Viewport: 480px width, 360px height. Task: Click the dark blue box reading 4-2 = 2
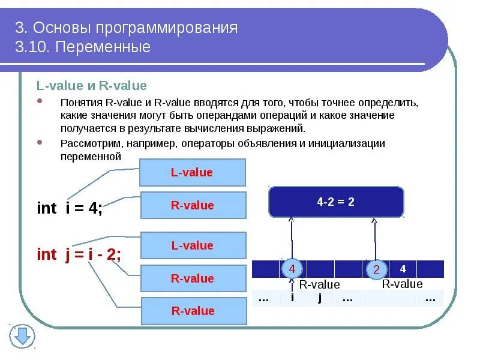click(x=336, y=202)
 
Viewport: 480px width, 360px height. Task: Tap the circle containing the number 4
click(x=292, y=269)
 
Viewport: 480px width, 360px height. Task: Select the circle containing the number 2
click(x=376, y=269)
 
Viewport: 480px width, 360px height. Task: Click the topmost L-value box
click(x=192, y=173)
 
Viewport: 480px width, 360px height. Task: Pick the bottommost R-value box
click(x=193, y=311)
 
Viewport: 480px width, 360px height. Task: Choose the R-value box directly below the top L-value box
click(x=193, y=205)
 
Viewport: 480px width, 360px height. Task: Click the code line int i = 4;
click(x=70, y=208)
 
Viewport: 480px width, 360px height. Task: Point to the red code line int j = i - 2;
click(x=79, y=254)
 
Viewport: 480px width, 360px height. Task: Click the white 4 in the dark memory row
click(x=403, y=269)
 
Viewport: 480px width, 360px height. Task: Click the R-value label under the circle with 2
click(x=402, y=284)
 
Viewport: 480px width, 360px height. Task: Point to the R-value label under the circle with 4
click(x=319, y=284)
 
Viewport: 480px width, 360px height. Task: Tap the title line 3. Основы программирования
click(x=126, y=28)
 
